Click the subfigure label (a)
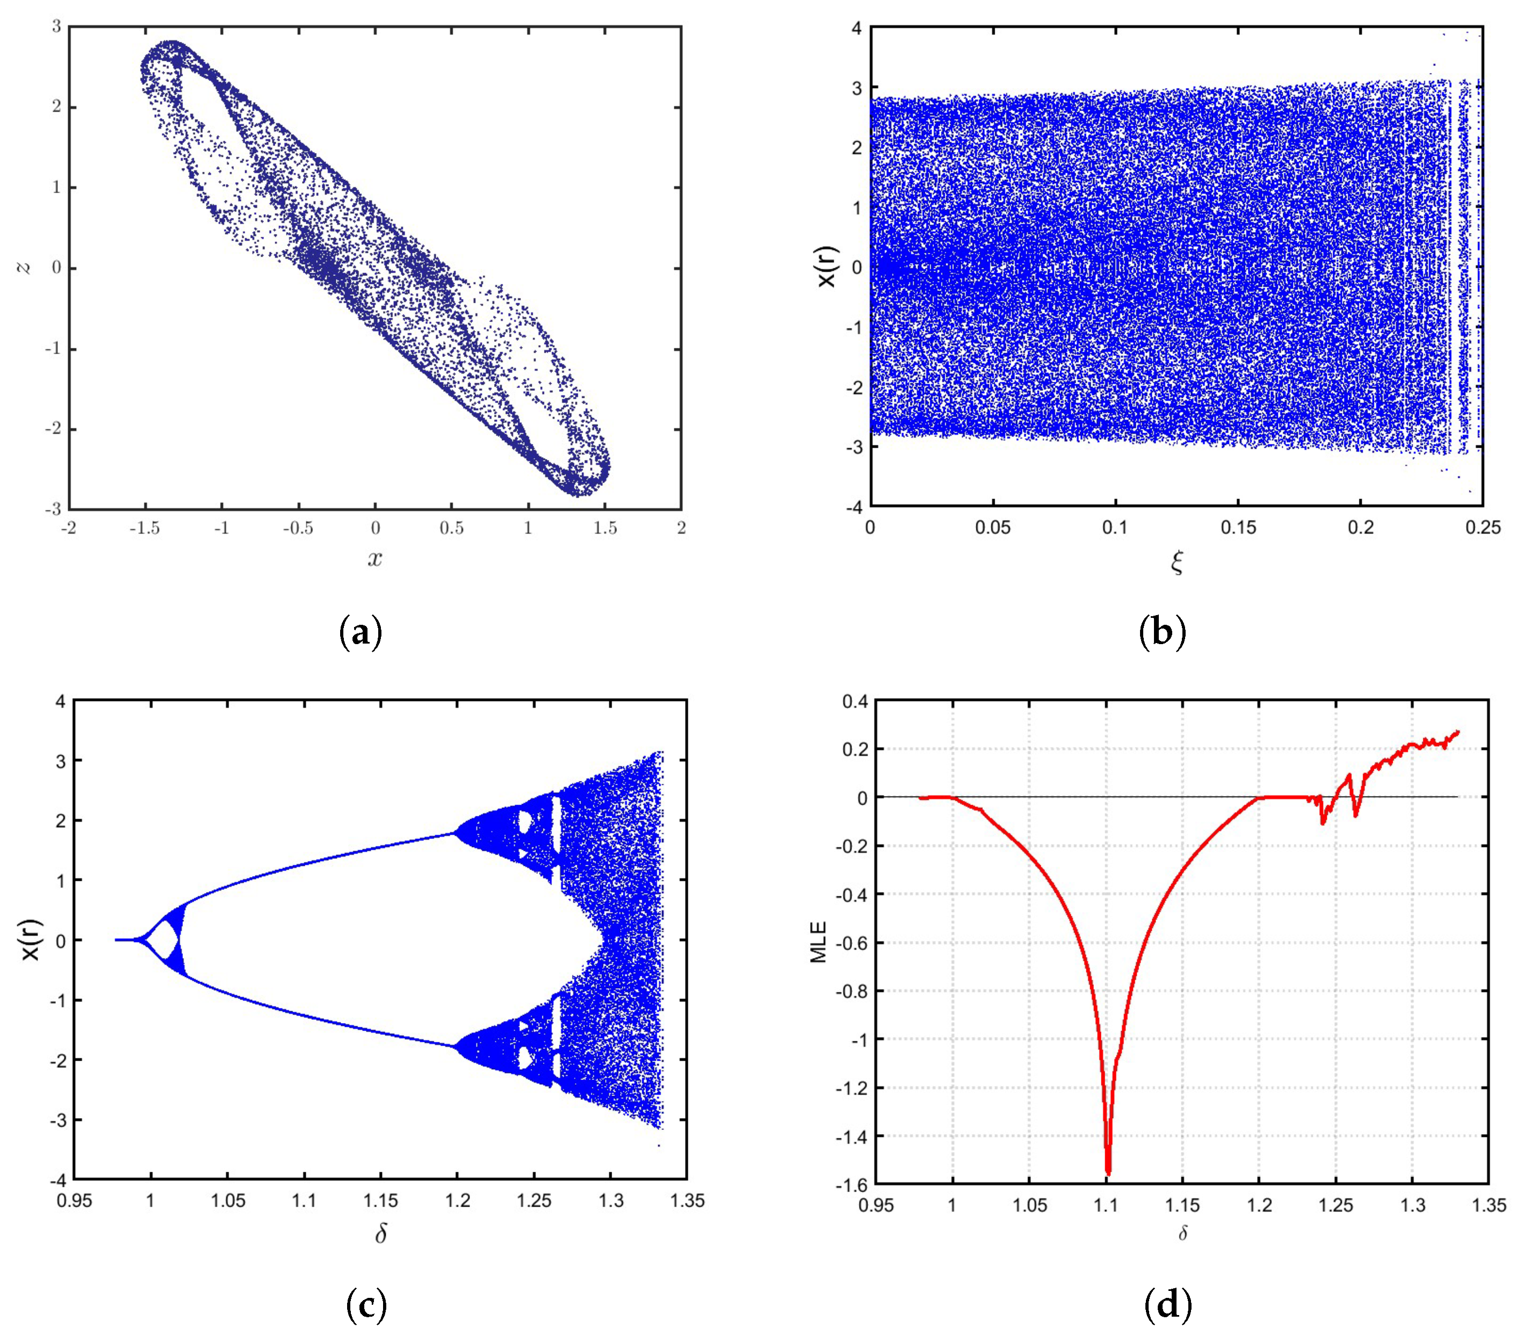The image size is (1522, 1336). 361,633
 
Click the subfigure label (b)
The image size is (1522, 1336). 1163,633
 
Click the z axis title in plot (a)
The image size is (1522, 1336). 25,267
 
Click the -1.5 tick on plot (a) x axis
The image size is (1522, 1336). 145,528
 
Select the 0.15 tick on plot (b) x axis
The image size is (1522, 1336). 1238,528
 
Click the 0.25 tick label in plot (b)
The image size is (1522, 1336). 1482,528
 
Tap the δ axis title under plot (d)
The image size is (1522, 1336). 1182,1233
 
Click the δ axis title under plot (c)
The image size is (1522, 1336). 380,1234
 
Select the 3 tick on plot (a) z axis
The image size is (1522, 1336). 56,27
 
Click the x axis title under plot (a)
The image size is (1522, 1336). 374,559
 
